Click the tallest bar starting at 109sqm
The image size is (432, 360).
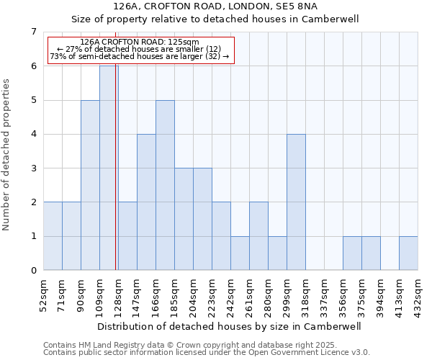[x=108, y=168]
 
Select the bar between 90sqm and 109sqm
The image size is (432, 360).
[x=90, y=185]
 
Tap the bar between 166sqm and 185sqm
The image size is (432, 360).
[x=165, y=185]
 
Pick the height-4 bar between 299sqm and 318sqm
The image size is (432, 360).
[x=296, y=202]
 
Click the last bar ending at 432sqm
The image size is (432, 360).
[x=408, y=253]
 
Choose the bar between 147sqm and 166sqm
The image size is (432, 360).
[x=146, y=202]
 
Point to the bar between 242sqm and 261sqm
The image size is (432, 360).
[x=240, y=253]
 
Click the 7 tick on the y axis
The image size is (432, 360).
[x=33, y=32]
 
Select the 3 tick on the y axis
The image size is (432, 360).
[x=33, y=168]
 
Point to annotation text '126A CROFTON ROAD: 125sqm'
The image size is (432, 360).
[x=140, y=42]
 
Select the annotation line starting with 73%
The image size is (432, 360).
[x=140, y=56]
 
